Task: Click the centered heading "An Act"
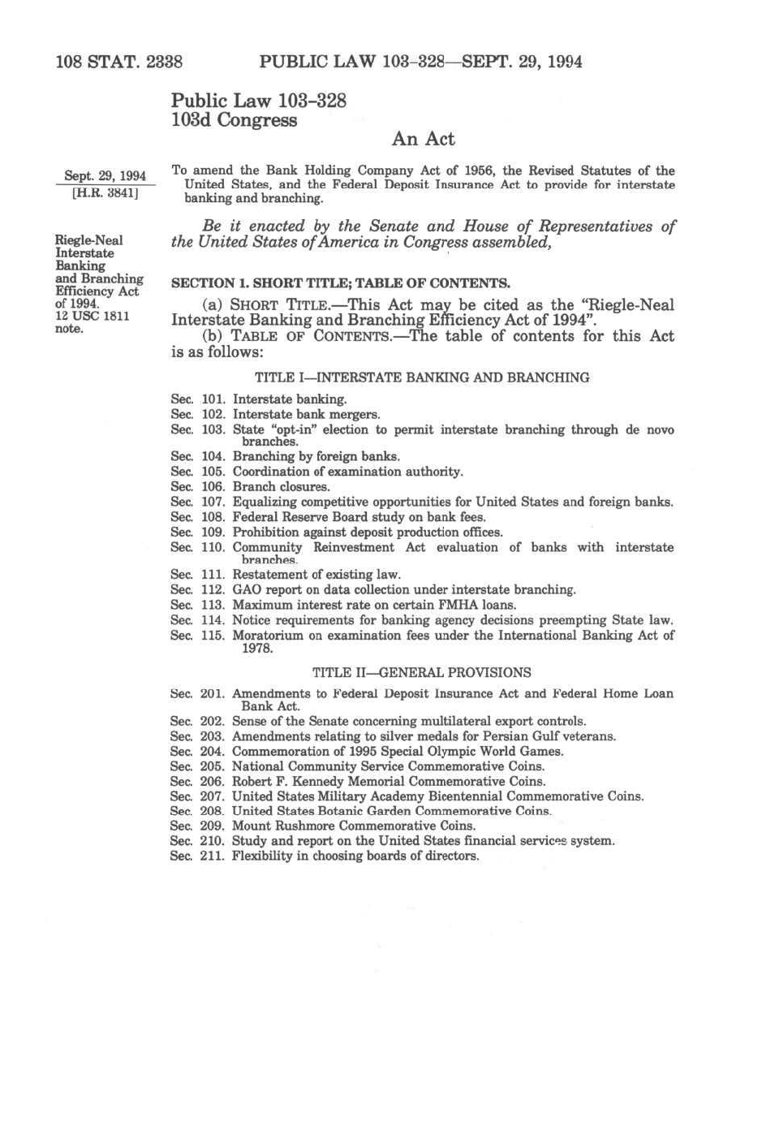423,140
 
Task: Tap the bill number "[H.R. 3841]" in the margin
105,194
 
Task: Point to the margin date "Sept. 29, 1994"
105,176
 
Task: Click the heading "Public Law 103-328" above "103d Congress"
258,101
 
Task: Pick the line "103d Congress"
234,120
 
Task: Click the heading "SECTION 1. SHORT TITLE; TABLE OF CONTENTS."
340,283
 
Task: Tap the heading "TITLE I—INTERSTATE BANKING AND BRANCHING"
422,377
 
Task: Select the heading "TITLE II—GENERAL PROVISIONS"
422,672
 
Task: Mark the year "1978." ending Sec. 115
257,648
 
